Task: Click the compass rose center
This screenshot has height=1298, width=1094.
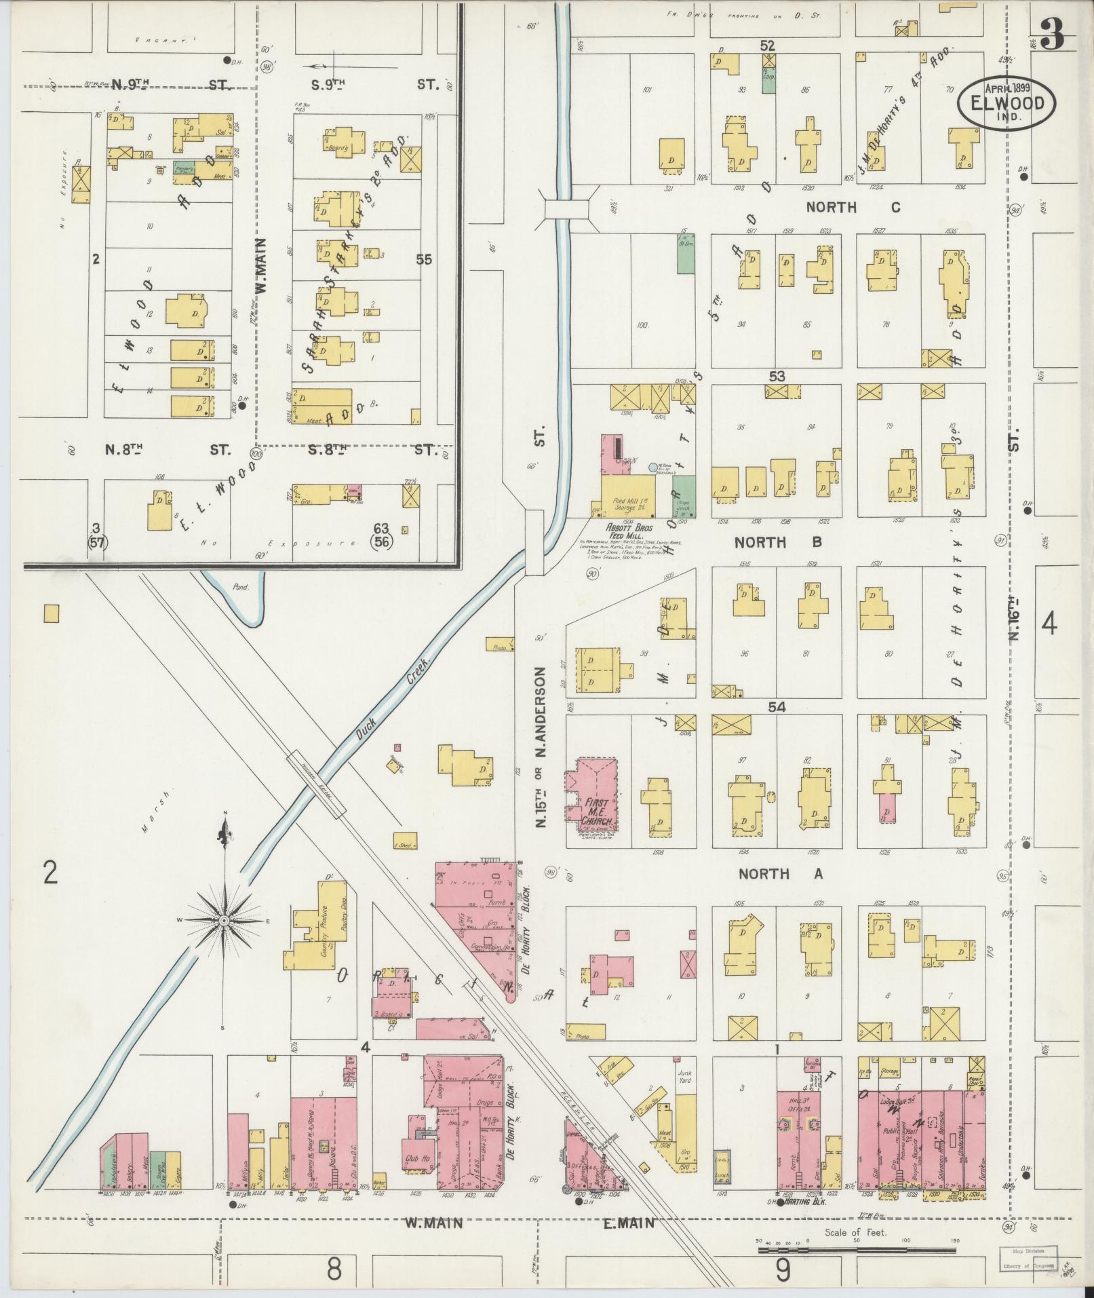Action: click(x=223, y=920)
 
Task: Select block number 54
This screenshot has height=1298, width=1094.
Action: click(x=777, y=707)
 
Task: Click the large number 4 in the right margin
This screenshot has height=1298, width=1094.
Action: click(x=1049, y=624)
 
